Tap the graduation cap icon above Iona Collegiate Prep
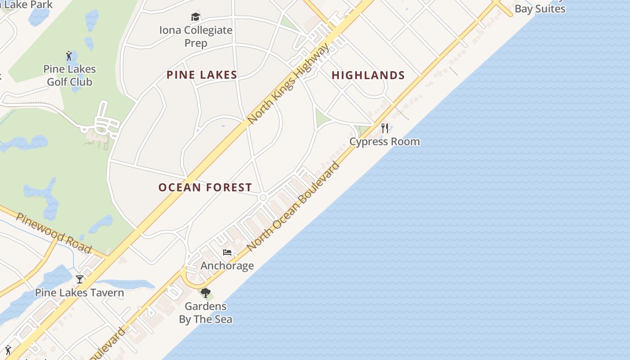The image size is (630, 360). pyautogui.click(x=195, y=17)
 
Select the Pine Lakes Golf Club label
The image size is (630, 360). pyautogui.click(x=70, y=76)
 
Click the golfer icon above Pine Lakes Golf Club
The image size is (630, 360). pyautogui.click(x=69, y=56)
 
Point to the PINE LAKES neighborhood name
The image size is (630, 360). pyautogui.click(x=202, y=75)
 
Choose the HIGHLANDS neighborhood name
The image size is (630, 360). pyautogui.click(x=368, y=76)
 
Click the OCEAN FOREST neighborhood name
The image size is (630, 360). pyautogui.click(x=205, y=188)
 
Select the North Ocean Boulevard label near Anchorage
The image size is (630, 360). pyautogui.click(x=293, y=206)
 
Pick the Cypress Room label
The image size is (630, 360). pyautogui.click(x=385, y=142)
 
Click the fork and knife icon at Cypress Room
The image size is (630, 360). pyautogui.click(x=385, y=128)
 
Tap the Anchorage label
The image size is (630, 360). pyautogui.click(x=227, y=266)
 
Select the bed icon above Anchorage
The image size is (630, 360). pyautogui.click(x=227, y=252)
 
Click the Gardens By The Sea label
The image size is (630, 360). pyautogui.click(x=206, y=313)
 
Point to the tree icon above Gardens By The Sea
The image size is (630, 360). pyautogui.click(x=206, y=293)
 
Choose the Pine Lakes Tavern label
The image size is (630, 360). pyautogui.click(x=80, y=293)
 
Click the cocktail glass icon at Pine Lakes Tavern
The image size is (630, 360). pyautogui.click(x=80, y=279)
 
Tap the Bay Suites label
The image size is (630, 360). pyautogui.click(x=540, y=9)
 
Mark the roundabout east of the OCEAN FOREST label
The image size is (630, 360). pyautogui.click(x=263, y=197)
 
